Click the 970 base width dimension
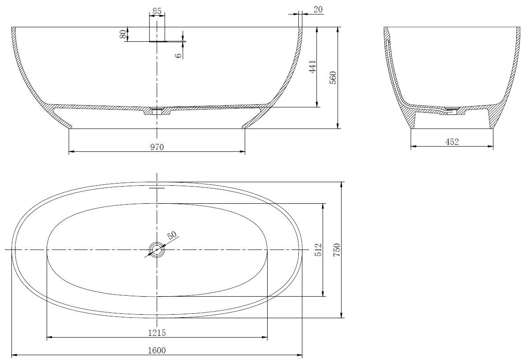[157, 147]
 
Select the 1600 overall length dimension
[157, 350]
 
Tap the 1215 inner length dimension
[157, 332]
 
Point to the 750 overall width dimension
[337, 250]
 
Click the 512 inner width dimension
[319, 250]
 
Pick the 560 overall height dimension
[333, 77]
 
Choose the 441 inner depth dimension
[312, 67]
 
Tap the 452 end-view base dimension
[452, 142]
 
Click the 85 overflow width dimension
[157, 11]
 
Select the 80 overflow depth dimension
[124, 34]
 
